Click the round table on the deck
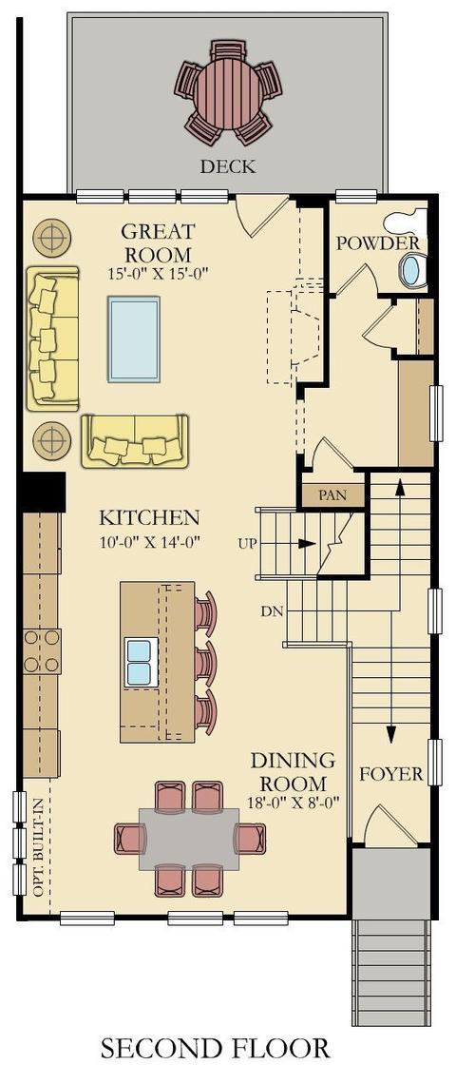(x=228, y=92)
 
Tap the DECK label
(x=228, y=166)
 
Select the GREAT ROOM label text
(x=159, y=242)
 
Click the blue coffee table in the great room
(x=134, y=339)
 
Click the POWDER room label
(x=377, y=243)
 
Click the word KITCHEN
(x=149, y=517)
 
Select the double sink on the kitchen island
(x=139, y=662)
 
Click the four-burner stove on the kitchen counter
(x=42, y=651)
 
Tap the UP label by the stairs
(x=247, y=544)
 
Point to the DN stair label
(x=270, y=611)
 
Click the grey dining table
(x=189, y=839)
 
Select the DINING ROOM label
(x=293, y=772)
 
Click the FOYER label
(x=391, y=774)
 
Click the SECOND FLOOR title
(x=216, y=1048)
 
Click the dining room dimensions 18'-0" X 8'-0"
(x=293, y=803)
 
